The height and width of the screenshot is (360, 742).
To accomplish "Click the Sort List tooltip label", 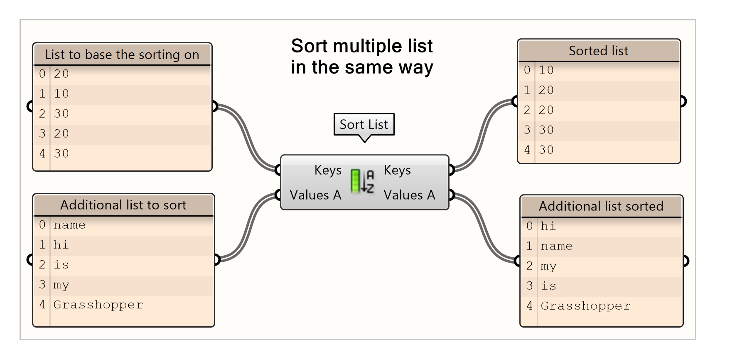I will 364,124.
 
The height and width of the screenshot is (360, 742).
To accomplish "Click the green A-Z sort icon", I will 362,181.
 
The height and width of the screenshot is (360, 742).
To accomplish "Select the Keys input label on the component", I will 327,170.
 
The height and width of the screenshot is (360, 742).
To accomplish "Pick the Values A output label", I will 409,195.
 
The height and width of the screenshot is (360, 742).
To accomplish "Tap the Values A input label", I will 315,195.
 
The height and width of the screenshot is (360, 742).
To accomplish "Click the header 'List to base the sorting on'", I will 122,54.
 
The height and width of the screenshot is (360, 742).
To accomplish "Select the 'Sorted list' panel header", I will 598,51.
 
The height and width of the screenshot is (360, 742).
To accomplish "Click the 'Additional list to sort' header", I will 123,205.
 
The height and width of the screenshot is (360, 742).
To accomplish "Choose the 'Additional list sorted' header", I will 601,206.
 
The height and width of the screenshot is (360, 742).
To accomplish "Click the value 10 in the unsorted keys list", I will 61,94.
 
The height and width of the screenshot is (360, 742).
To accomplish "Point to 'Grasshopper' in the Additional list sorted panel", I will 585,306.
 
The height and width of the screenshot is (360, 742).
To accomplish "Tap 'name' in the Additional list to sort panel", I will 69,225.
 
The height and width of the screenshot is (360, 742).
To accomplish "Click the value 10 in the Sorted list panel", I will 546,70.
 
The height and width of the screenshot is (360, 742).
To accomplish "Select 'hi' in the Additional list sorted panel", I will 548,226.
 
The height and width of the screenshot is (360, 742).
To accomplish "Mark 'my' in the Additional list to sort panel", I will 61,285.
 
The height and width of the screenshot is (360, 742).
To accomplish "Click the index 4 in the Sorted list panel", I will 527,150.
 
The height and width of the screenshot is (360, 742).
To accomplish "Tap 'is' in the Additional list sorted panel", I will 548,286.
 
